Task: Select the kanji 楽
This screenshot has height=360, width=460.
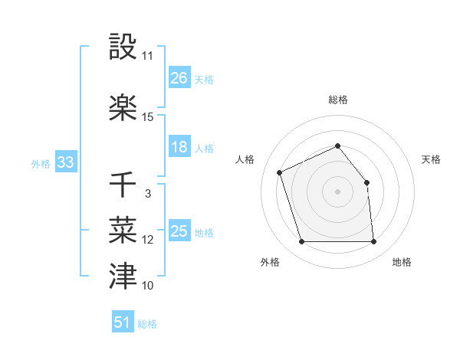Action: pyautogui.click(x=123, y=107)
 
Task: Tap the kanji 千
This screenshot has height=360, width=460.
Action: pyautogui.click(x=123, y=184)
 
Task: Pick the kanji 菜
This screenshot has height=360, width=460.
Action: pyautogui.click(x=123, y=229)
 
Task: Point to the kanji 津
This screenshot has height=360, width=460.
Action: pyautogui.click(x=123, y=275)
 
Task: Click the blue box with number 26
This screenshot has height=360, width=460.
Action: pyautogui.click(x=179, y=78)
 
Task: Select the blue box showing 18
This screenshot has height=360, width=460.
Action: pyautogui.click(x=179, y=147)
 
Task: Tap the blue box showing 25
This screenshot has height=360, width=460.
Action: pyautogui.click(x=179, y=231)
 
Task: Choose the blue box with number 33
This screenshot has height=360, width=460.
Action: pyautogui.click(x=65, y=162)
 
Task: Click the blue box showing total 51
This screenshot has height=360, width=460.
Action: pyautogui.click(x=123, y=322)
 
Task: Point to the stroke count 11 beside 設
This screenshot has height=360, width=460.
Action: pyautogui.click(x=148, y=56)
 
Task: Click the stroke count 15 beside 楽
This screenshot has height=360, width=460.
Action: pyautogui.click(x=148, y=117)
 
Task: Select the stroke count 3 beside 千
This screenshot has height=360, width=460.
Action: pyautogui.click(x=148, y=194)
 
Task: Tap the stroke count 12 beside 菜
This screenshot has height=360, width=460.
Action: pyautogui.click(x=148, y=240)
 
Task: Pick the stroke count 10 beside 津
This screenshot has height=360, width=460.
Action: pyautogui.click(x=148, y=286)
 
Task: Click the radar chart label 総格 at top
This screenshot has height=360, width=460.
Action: pyautogui.click(x=337, y=100)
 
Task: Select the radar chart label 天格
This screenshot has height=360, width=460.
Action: pyautogui.click(x=431, y=159)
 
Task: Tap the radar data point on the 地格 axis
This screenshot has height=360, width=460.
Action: pyautogui.click(x=374, y=242)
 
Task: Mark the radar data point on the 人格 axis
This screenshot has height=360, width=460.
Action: pyautogui.click(x=280, y=172)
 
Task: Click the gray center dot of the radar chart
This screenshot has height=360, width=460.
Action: pyautogui.click(x=337, y=191)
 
